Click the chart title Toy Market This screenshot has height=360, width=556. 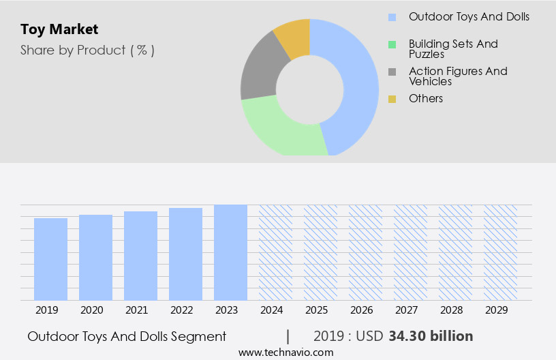pos(59,29)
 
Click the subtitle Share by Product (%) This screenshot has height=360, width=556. pos(87,50)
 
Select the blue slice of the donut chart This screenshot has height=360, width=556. pos(358,82)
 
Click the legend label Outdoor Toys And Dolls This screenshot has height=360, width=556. pos(468,16)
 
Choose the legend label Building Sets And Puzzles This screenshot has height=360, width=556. pos(453,48)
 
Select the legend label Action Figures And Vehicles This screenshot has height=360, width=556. pos(458,76)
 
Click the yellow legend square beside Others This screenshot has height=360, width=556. pos(392,100)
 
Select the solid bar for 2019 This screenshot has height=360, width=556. pos(50,259)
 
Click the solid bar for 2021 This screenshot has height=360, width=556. pos(140,256)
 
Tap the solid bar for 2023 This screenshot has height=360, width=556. pos(230,252)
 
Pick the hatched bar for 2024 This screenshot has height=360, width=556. pos(275,252)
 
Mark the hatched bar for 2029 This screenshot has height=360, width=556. pos(500,252)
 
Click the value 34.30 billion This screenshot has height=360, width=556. pos(431,336)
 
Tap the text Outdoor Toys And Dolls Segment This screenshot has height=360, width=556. pos(127,336)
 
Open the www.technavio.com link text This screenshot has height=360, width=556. pos(286,352)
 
